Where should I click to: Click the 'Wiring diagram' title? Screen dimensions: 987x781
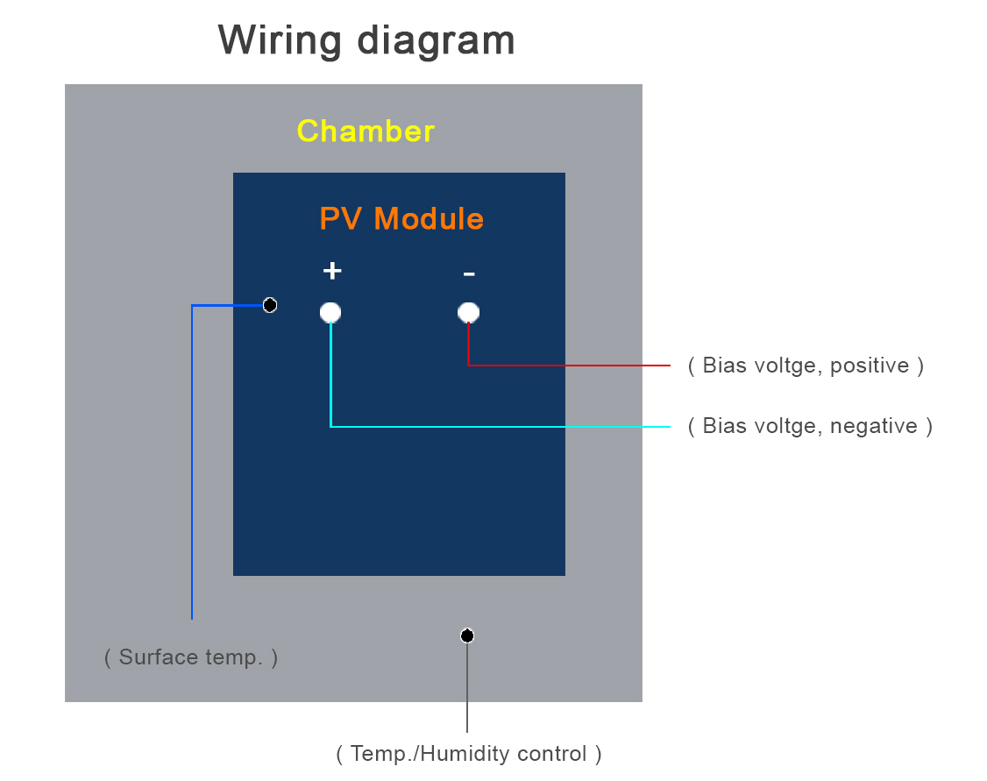(366, 41)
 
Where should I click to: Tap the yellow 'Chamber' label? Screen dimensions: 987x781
(366, 131)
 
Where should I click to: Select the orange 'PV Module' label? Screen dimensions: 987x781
(401, 219)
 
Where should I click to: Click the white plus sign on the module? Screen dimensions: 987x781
(332, 271)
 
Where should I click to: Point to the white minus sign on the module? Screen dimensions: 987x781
(469, 273)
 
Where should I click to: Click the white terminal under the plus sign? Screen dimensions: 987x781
(330, 312)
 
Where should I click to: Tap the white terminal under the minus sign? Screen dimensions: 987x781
(468, 312)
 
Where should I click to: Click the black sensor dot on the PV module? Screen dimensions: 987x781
(270, 305)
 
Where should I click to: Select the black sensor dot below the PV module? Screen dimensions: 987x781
(467, 635)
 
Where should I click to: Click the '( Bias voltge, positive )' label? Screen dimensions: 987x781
(806, 365)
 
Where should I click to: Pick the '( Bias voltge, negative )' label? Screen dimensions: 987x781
(810, 426)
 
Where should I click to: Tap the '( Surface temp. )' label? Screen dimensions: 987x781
(191, 657)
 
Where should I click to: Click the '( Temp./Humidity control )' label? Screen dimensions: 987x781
(469, 753)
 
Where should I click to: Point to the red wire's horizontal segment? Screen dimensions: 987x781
(569, 365)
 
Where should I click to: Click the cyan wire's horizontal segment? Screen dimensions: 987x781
(501, 427)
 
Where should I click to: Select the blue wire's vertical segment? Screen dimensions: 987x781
(192, 463)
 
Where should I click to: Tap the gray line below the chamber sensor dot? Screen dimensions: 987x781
(467, 687)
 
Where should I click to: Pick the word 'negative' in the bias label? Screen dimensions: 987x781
(874, 427)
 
